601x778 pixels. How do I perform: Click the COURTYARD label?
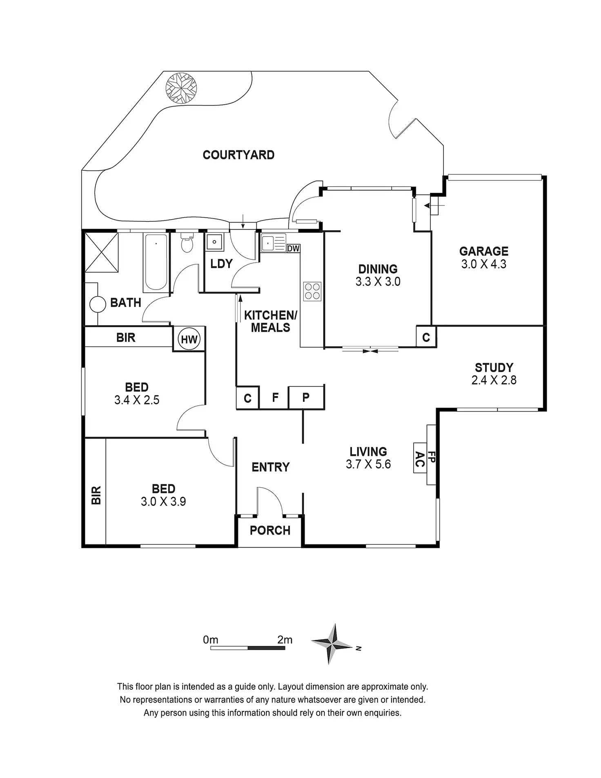coord(238,155)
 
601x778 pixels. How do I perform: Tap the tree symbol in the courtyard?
coord(181,88)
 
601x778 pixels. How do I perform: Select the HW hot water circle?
coord(189,339)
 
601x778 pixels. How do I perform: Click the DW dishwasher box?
coord(293,248)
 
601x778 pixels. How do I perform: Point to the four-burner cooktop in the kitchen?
coord(312,291)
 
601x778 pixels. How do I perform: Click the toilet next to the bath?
coord(187,243)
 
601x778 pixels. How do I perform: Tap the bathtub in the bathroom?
coord(156,262)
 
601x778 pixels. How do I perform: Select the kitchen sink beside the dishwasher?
coord(273,243)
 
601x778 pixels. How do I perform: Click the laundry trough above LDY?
coord(214,242)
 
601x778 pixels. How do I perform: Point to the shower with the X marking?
coord(101,252)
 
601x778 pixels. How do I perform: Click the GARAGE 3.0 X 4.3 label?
coord(484,257)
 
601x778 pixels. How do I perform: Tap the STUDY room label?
coord(494,368)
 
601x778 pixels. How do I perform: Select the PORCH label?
coord(270,531)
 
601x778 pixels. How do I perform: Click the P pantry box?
coord(306,397)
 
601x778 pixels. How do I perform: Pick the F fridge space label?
coord(275,397)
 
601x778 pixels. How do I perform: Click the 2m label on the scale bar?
coord(285,640)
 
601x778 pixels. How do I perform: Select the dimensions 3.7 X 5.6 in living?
coord(368,464)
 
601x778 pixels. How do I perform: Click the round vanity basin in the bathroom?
coord(98,304)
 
